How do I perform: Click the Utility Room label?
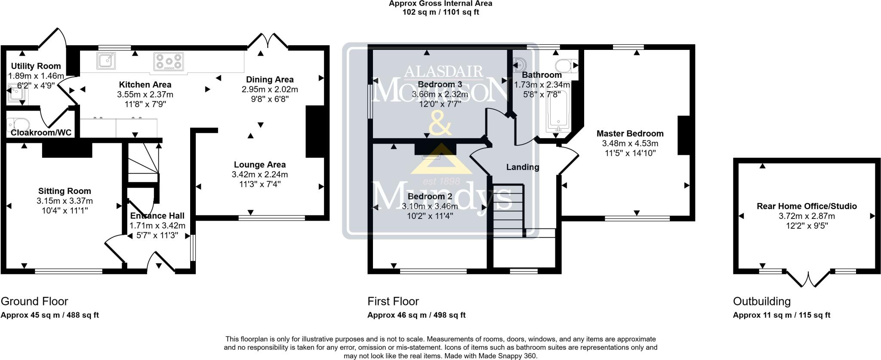tap(36, 66)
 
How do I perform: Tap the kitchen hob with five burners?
tap(168, 62)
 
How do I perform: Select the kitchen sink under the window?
tap(105, 61)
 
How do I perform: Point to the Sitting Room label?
tap(65, 191)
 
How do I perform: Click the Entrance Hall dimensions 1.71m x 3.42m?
tap(157, 225)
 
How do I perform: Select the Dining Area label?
tap(270, 80)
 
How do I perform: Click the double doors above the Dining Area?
tap(268, 41)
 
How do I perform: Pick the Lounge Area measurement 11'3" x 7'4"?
tap(259, 184)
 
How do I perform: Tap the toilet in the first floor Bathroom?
tap(566, 66)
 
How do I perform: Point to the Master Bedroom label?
tap(630, 133)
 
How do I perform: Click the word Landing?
tap(522, 167)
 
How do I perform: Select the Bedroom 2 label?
tap(430, 197)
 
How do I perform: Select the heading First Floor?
tap(393, 301)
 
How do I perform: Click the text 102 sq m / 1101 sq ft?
tap(440, 12)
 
